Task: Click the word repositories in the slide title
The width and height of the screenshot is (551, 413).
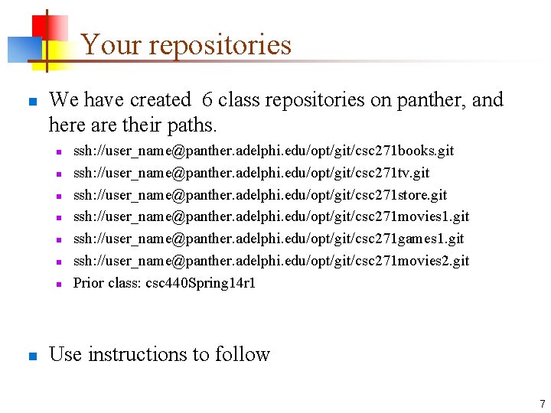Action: click(220, 44)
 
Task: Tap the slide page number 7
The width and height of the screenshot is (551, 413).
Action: click(542, 404)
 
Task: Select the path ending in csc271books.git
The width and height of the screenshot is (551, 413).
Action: click(263, 151)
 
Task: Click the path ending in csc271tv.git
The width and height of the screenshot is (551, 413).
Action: click(251, 174)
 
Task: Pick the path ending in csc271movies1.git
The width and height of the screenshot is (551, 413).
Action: click(271, 217)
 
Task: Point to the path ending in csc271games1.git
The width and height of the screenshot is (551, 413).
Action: click(269, 239)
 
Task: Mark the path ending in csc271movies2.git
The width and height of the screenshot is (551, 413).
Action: click(271, 261)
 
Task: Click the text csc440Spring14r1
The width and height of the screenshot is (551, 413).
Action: click(201, 283)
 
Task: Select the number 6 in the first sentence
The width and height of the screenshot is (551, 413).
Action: click(207, 100)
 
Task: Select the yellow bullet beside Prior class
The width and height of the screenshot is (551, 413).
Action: click(57, 284)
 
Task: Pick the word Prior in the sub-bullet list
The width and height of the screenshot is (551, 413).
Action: click(88, 283)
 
